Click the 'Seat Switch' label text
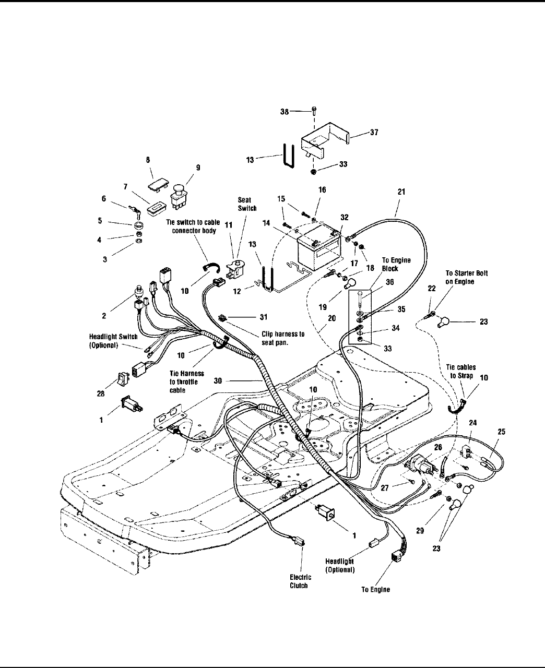247,204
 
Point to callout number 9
197,168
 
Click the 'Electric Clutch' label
300,581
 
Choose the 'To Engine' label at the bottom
375,590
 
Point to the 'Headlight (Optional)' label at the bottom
339,566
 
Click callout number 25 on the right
501,432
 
